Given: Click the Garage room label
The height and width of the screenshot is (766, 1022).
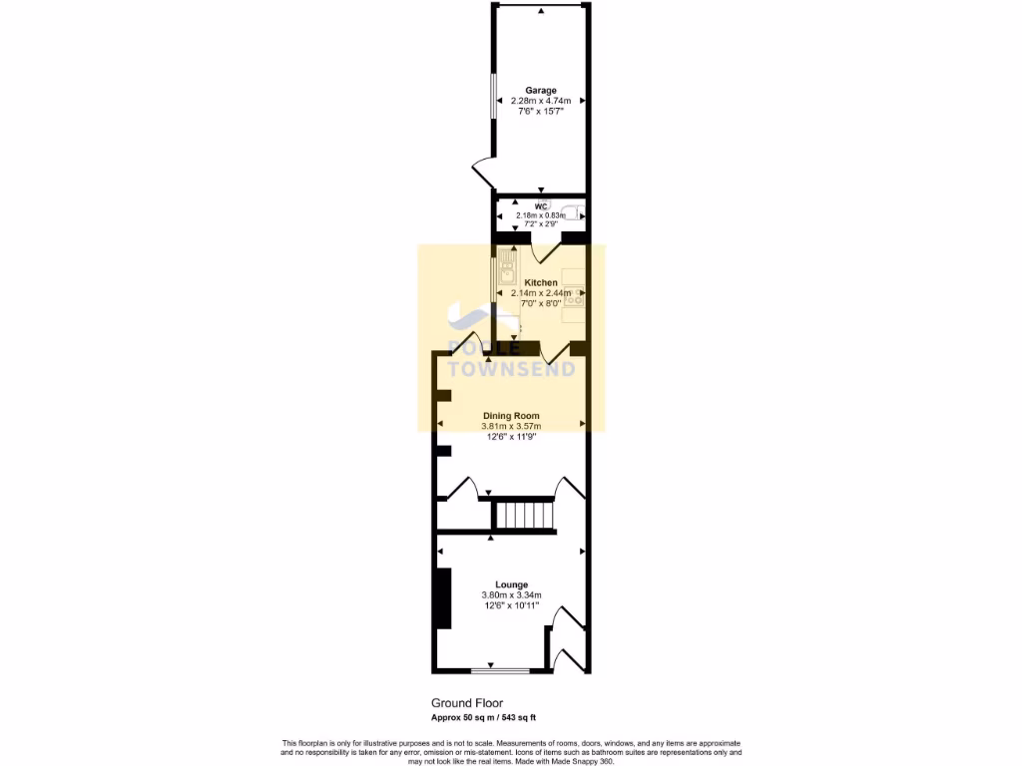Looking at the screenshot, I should [x=541, y=91].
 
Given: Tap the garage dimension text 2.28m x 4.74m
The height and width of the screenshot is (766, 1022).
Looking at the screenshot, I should [x=541, y=101].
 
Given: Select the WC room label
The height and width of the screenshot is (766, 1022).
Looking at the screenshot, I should [x=540, y=205].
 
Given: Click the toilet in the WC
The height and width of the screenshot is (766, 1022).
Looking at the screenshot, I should [x=572, y=211].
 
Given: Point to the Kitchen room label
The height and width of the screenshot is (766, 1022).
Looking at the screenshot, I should [x=541, y=282].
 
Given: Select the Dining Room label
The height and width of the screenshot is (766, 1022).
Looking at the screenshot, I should [x=511, y=415].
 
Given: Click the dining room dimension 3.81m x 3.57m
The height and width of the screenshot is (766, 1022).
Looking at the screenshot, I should [x=511, y=426].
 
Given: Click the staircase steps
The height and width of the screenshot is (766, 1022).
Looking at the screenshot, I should [x=525, y=516].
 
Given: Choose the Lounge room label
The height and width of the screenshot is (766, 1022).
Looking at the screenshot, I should [x=511, y=584].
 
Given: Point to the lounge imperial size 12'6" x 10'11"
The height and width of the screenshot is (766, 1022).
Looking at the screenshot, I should [x=511, y=605].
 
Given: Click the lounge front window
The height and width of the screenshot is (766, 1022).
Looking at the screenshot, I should [x=491, y=669].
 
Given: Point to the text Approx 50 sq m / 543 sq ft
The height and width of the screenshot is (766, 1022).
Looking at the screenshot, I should [x=483, y=718].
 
